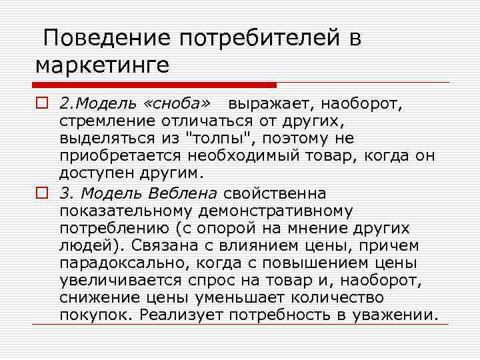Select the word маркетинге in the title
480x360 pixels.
click(x=103, y=66)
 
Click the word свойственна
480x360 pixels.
click(x=275, y=194)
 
